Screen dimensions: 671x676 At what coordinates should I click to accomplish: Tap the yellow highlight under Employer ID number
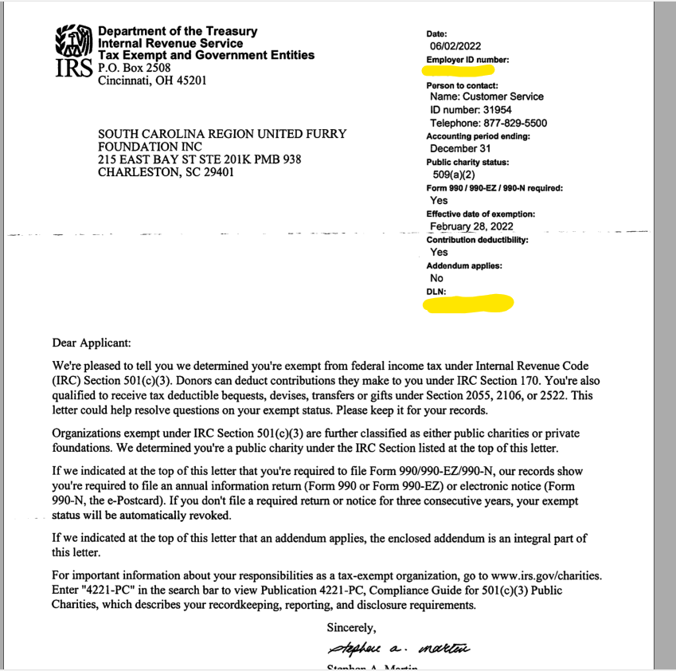[460, 71]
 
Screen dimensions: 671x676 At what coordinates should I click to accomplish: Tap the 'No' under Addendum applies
[436, 278]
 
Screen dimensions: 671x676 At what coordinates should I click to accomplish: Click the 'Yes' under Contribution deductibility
[439, 252]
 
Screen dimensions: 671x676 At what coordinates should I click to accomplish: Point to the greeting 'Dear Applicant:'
[91, 343]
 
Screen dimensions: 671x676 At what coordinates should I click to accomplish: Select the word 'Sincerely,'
[351, 627]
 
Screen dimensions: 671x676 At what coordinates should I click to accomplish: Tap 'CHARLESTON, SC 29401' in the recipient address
[166, 172]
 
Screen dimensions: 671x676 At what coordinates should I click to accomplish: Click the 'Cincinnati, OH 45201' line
[152, 80]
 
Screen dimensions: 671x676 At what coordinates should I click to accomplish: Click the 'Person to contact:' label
[462, 85]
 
